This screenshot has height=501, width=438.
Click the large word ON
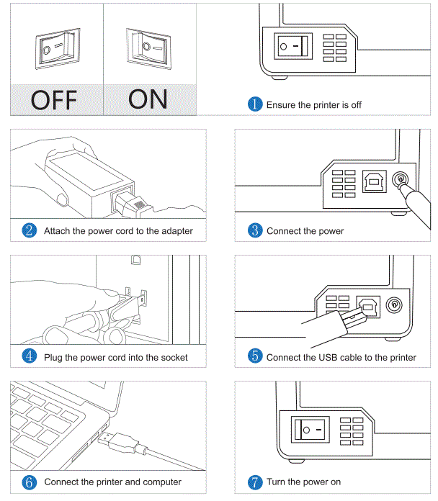pos(148,98)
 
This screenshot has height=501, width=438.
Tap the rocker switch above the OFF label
pos(55,50)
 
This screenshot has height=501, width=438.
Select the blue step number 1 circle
pos(256,104)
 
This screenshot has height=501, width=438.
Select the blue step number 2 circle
pos(30,231)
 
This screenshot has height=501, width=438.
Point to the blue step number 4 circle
pos(30,357)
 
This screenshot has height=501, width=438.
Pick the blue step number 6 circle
pos(30,482)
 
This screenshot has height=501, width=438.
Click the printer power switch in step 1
pos(293,47)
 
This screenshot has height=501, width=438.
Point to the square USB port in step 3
pos(374,181)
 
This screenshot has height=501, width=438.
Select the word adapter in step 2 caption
pos(176,231)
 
